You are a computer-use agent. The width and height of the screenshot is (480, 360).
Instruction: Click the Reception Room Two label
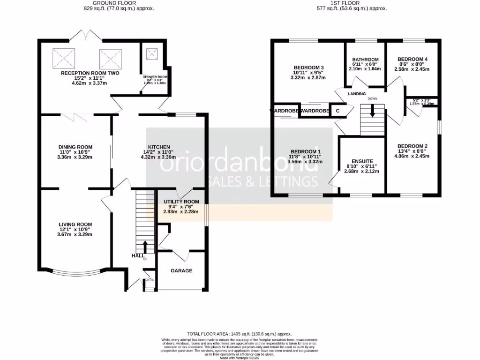[x=90, y=73]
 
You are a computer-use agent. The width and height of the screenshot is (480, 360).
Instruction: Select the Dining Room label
[x=75, y=147]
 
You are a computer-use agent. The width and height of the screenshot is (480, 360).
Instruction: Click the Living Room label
[x=75, y=224]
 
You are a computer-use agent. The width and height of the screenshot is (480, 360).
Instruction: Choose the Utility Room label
[x=180, y=201]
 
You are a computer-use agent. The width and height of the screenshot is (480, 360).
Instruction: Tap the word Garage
[x=181, y=270]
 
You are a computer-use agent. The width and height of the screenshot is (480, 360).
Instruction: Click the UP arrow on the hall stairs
[x=145, y=246]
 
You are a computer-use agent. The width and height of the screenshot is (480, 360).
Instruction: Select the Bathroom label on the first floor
[x=365, y=60]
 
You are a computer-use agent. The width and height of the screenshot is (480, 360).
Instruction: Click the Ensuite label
[x=363, y=161]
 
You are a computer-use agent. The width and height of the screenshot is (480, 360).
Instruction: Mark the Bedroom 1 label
[x=306, y=151]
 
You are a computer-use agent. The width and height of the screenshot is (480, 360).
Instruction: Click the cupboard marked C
[x=337, y=111]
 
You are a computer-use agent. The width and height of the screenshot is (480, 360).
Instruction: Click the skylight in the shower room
[x=152, y=53]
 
